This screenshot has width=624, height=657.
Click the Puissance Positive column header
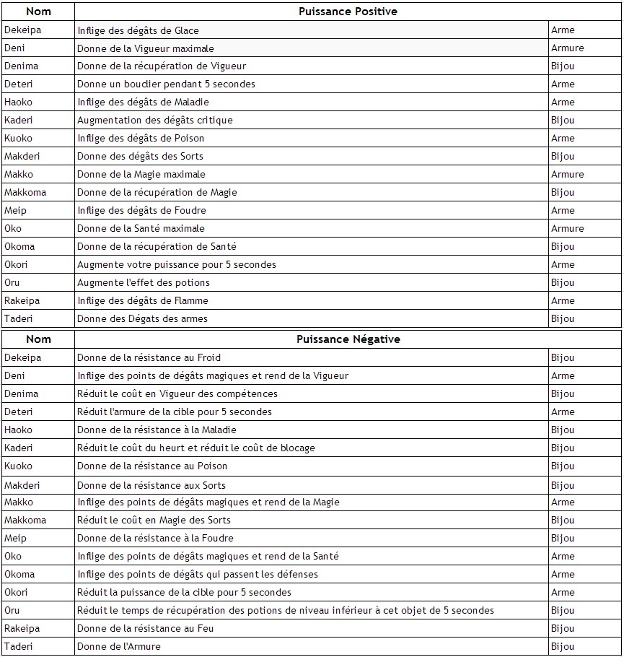coord(348,12)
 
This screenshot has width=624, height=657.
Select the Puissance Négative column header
coord(348,339)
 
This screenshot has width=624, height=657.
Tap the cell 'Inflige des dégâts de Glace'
coord(138,30)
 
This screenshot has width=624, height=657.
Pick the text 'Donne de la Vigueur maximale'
coord(146,48)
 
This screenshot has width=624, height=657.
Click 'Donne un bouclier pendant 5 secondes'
coord(166,84)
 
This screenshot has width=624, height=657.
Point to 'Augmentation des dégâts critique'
coord(155,121)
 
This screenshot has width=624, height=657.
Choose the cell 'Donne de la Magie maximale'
coord(141,174)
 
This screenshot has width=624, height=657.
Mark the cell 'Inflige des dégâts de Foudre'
coord(141,210)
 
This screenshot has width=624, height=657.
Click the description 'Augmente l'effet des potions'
coord(144,282)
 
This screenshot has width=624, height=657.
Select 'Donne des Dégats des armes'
coord(142,318)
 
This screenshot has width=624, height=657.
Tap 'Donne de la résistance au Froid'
coord(149,357)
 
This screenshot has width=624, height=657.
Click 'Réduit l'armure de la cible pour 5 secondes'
coord(175,412)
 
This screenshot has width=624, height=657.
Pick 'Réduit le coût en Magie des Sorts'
coord(154,520)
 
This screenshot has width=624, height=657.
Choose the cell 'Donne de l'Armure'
coord(119,646)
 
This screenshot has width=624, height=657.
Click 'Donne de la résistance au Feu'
coord(146,628)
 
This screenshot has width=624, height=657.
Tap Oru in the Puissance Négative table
coord(12,610)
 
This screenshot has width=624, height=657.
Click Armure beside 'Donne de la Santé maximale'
coord(567,228)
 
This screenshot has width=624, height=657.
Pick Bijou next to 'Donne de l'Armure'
coord(563,646)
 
